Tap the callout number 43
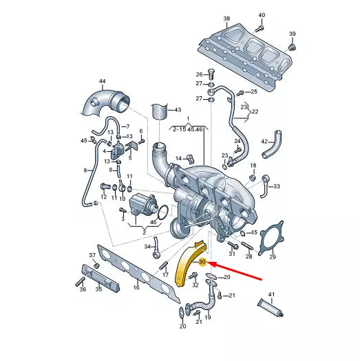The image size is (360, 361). click(x=177, y=110)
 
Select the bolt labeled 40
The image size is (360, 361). click(x=260, y=28)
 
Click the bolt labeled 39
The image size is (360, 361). click(x=292, y=47)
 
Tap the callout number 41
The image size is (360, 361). click(x=271, y=294)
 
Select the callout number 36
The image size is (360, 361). click(x=83, y=289)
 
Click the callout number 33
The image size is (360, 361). click(x=277, y=186)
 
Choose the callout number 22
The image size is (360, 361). click(x=255, y=111)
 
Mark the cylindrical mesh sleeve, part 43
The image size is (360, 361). click(x=159, y=112)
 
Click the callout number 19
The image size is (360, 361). click(x=207, y=318)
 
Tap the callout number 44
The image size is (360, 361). click(x=102, y=83)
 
